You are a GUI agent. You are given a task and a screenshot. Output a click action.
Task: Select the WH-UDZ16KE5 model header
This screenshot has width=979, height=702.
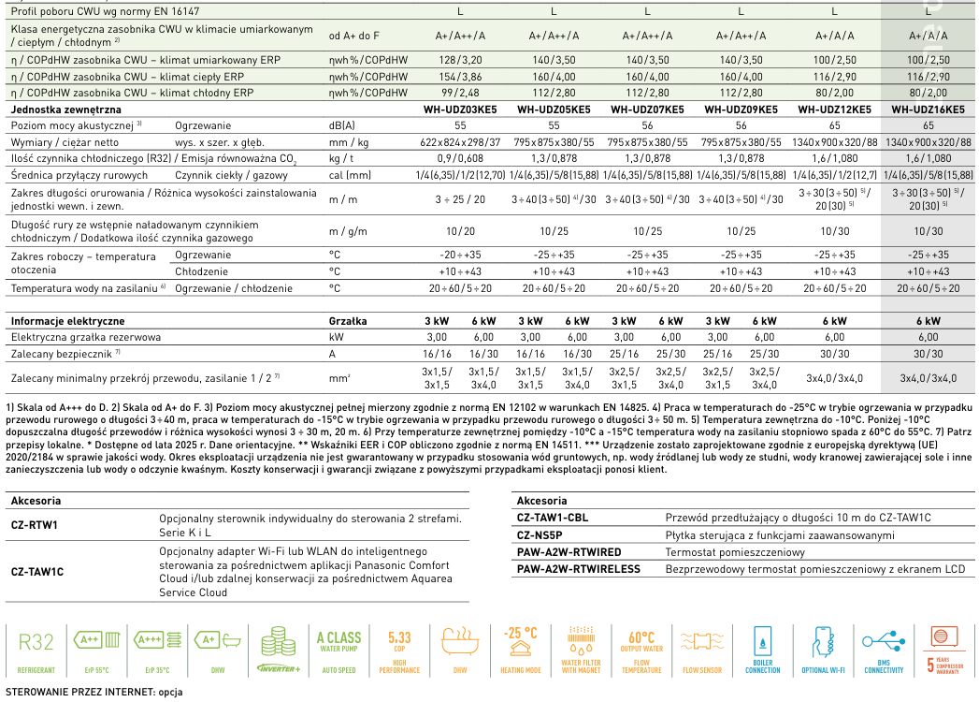929,110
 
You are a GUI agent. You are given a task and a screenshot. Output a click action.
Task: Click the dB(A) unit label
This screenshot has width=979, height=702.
342,125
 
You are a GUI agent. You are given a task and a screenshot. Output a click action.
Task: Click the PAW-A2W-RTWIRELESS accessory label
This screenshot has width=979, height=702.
578,568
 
